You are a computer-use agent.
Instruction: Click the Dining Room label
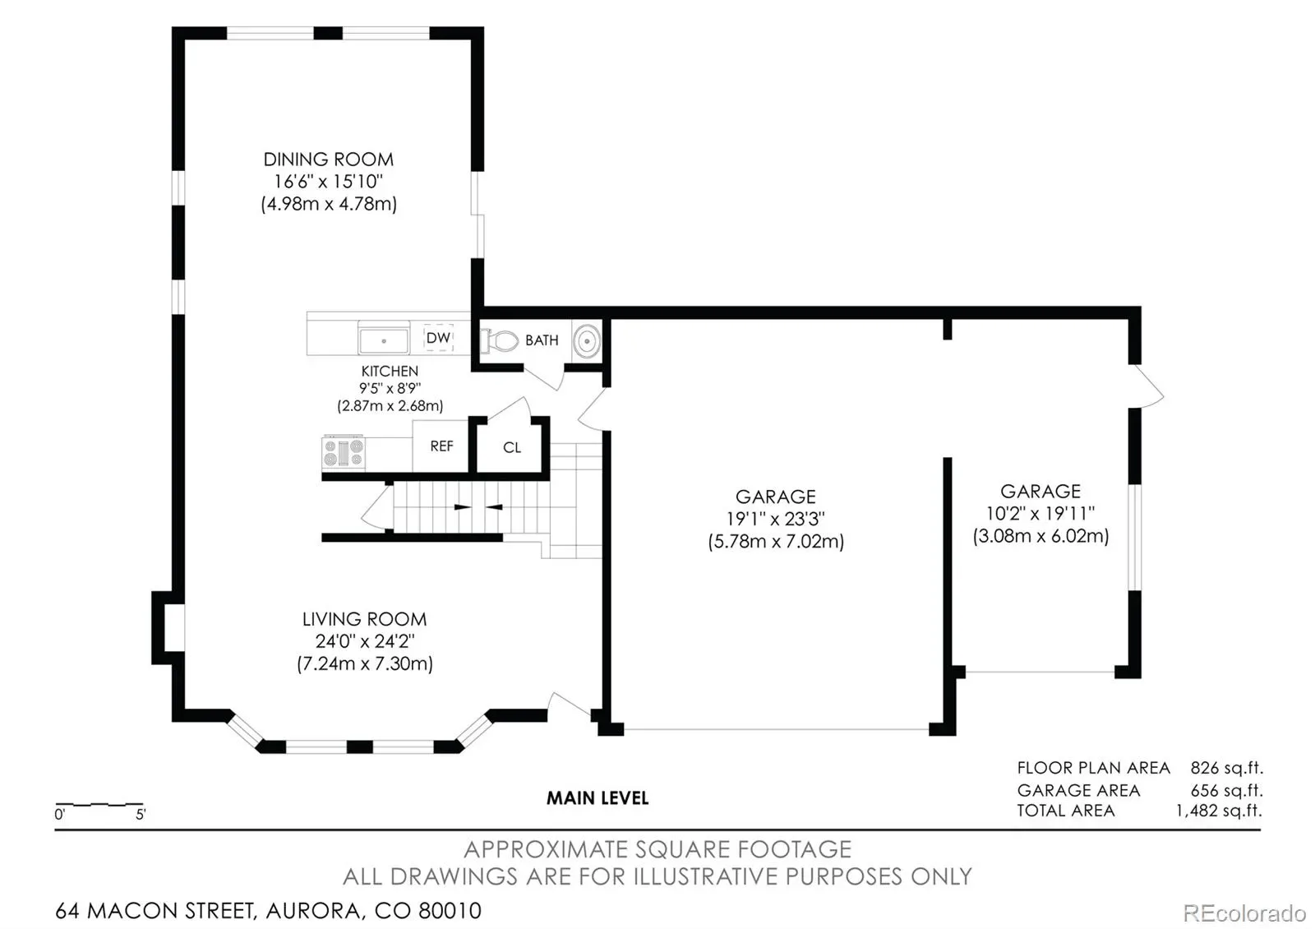(x=328, y=159)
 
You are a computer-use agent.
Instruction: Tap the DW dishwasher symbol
(x=439, y=338)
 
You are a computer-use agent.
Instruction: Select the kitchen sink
(x=384, y=340)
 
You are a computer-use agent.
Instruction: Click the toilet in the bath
(x=500, y=340)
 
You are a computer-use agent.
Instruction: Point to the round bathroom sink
(x=587, y=340)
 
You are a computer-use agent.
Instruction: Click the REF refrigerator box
(x=441, y=446)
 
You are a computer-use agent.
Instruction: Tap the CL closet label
(x=512, y=447)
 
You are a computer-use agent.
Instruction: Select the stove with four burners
(x=344, y=452)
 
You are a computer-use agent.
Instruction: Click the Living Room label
(x=365, y=619)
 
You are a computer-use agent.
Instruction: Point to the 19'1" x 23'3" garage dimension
(x=776, y=519)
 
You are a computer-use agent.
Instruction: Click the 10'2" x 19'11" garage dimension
(x=1040, y=513)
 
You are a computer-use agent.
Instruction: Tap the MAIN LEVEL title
(x=598, y=798)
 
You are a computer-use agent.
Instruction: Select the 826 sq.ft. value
(x=1226, y=768)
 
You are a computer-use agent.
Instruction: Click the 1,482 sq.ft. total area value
(x=1219, y=811)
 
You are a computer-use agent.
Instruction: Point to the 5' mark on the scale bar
(x=141, y=814)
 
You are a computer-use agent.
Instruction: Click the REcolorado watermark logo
(x=1244, y=913)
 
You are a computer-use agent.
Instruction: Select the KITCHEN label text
(x=390, y=371)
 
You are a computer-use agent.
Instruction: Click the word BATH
(x=542, y=340)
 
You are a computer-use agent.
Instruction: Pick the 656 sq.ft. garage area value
(x=1226, y=790)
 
